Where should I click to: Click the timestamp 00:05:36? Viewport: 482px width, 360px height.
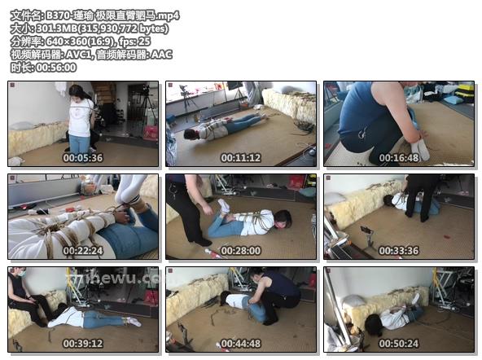point(83,158)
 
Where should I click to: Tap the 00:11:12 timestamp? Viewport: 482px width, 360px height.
point(241,158)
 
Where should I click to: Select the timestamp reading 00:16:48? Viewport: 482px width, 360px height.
point(399,158)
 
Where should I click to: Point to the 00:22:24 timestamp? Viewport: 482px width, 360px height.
point(83,251)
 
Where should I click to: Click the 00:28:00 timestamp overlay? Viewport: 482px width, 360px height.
point(241,251)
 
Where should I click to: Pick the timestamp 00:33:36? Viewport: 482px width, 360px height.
point(399,251)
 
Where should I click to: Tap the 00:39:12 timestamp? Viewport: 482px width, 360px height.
point(83,344)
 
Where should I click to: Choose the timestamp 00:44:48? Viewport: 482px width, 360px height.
point(241,344)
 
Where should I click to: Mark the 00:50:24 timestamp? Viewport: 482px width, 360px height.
point(399,344)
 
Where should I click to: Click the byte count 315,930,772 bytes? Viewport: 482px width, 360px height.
point(123,29)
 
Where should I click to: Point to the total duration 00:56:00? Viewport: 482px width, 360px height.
point(56,68)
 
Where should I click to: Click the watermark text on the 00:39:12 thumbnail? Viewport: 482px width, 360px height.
point(116,278)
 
